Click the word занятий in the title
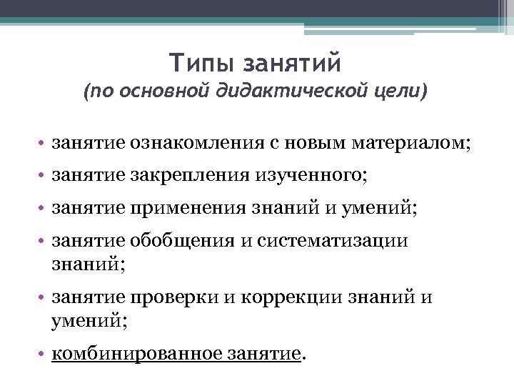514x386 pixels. pos(293,63)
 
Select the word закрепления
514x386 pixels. pos(190,175)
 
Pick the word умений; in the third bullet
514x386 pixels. pos(383,208)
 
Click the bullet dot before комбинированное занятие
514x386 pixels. pos(44,355)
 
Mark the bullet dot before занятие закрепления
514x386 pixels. pos(44,176)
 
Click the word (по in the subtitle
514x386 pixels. pos(95,92)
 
